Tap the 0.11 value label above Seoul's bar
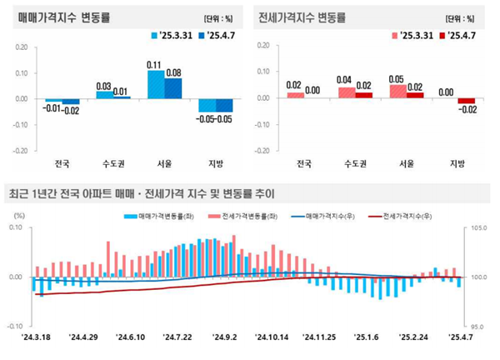153,64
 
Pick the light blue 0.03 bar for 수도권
103,95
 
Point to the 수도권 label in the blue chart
112,163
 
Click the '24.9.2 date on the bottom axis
225,337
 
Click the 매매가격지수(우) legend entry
330,217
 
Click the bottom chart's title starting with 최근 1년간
142,194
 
